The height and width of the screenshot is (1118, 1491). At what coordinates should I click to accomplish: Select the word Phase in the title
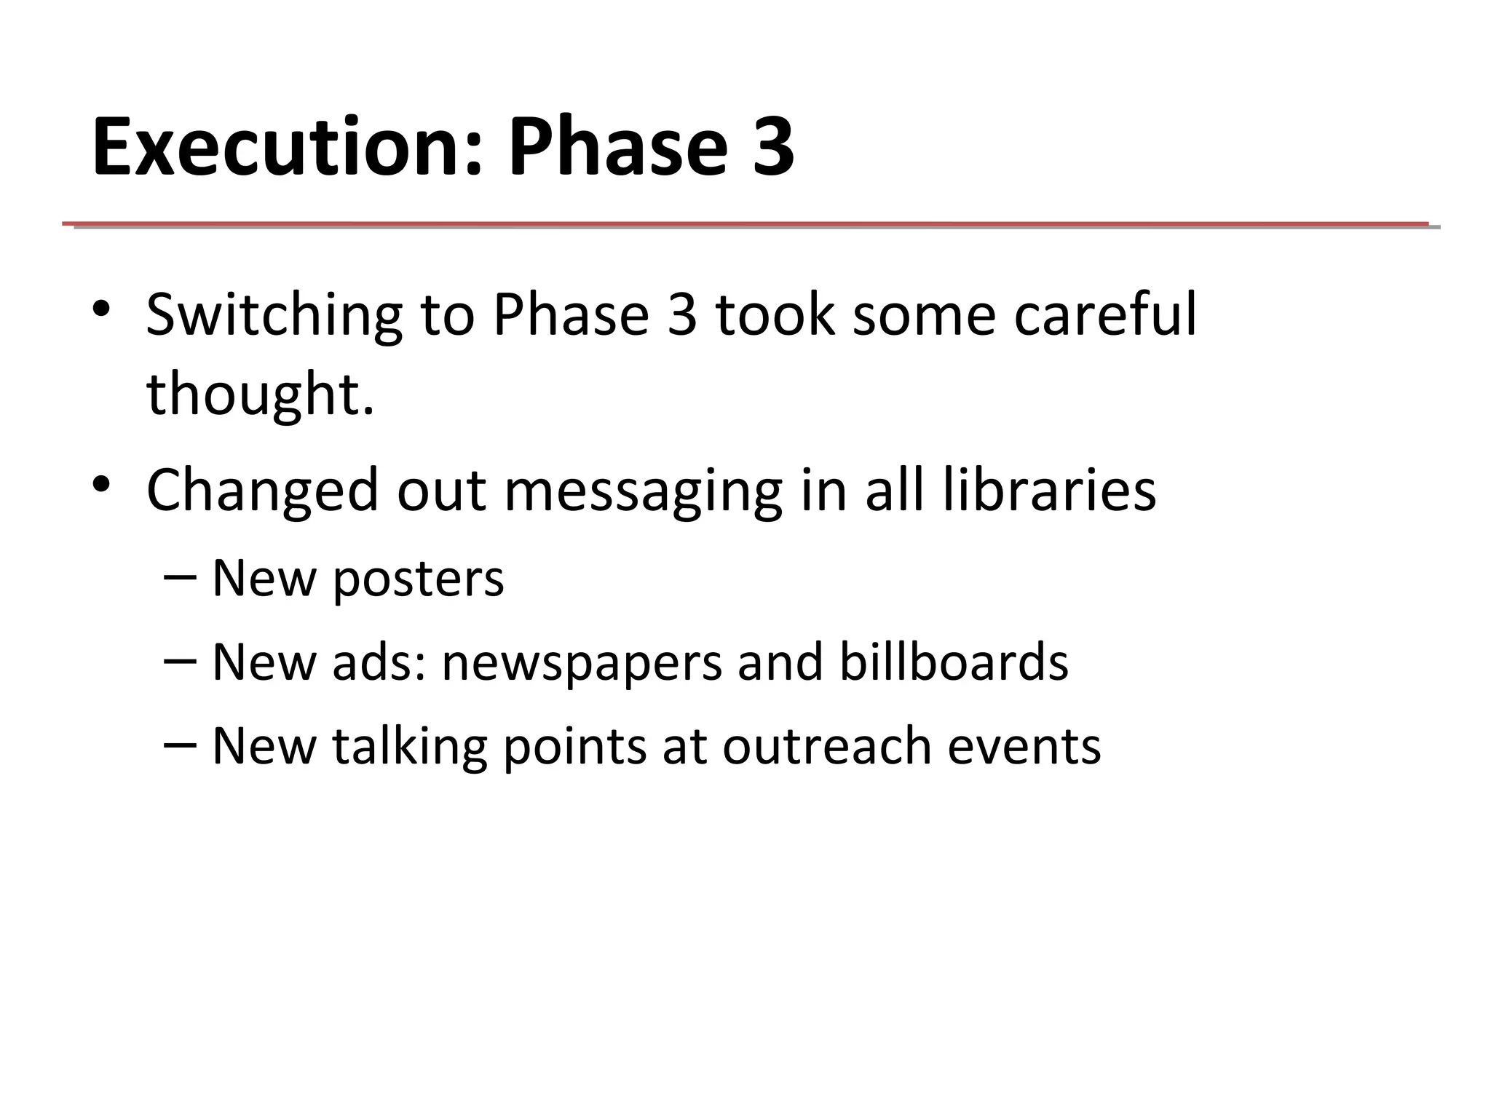(617, 147)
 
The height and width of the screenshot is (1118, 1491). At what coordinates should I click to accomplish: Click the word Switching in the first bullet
(274, 316)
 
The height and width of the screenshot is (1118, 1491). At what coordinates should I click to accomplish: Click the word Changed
(262, 491)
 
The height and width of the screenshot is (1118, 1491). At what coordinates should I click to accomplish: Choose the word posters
(418, 579)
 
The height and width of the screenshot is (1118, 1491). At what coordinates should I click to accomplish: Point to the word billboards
(954, 662)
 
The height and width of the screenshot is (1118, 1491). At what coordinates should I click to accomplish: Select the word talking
(409, 747)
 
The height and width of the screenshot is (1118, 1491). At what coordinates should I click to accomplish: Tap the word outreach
(826, 747)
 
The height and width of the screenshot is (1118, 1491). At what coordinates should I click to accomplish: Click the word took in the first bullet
(775, 314)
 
